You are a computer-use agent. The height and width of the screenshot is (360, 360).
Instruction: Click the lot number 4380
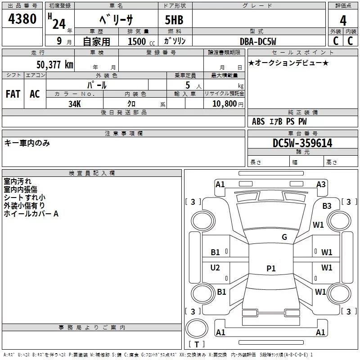point(22,19)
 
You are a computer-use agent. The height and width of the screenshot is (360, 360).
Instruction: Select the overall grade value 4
point(343,21)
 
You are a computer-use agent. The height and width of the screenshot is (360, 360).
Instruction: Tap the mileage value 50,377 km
point(55,65)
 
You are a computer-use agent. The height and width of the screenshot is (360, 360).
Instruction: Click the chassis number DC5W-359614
point(302,143)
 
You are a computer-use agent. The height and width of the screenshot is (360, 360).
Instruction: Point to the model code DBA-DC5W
point(258,41)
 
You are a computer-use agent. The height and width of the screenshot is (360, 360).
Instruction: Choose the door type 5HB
point(174,20)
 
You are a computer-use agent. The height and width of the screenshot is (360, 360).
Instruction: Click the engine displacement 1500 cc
point(141,41)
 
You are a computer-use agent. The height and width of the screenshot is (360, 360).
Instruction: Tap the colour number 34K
point(75,104)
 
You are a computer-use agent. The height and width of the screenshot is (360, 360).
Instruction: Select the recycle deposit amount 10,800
point(225,104)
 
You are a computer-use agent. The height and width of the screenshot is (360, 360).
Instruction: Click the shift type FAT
point(13,94)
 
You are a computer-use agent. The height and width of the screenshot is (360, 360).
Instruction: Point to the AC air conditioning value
point(35,94)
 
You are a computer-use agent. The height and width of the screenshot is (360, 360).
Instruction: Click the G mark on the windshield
point(284,237)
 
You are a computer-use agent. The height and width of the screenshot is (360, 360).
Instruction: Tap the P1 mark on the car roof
point(271,268)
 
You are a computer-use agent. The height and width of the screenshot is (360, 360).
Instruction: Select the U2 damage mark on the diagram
point(215,268)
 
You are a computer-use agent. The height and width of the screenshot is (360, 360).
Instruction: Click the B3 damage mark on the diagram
point(327,206)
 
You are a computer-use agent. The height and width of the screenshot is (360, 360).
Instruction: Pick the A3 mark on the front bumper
point(321,184)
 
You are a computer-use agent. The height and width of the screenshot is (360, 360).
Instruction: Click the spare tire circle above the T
point(197,328)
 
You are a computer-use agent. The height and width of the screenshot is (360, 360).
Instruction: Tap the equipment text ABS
point(258,121)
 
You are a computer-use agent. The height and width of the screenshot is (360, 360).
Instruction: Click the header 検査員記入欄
point(92,173)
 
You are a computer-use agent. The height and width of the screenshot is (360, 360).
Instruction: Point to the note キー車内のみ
point(27,143)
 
